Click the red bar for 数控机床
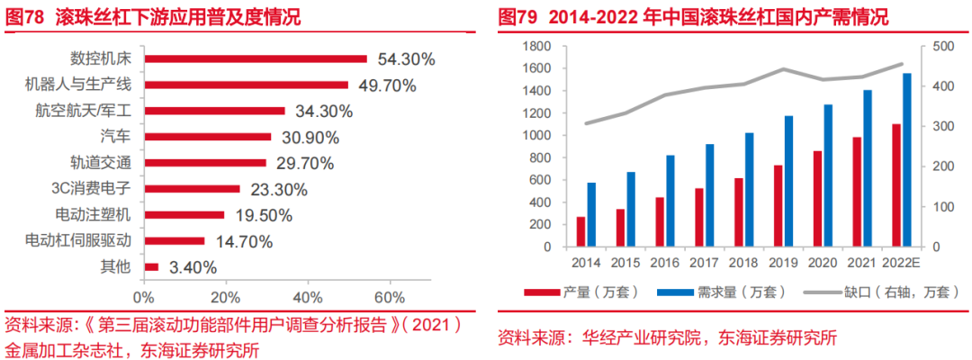256,59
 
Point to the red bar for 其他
151,267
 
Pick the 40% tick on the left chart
308,297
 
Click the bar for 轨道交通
205,163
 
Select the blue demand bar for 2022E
906,160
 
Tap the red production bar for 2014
580,231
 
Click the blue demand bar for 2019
788,181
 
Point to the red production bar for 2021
857,192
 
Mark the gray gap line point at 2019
783,69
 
